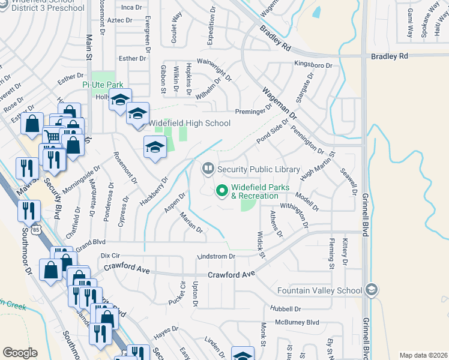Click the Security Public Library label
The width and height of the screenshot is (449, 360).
click(259, 169)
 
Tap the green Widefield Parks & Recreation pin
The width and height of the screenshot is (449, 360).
click(221, 191)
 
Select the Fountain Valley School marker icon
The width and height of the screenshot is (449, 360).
click(372, 290)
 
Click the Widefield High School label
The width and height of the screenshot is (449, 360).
click(190, 123)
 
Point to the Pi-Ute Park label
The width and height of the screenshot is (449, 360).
click(102, 85)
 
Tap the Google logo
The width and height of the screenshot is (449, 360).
click(20, 353)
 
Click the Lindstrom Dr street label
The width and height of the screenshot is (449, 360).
click(217, 256)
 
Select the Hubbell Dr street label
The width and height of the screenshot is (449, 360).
click(285, 309)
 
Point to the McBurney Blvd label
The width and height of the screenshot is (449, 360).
click(297, 322)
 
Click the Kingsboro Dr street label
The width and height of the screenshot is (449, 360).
click(313, 64)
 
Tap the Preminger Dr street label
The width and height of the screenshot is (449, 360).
click(258, 111)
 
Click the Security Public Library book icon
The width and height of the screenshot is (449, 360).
click(208, 169)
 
